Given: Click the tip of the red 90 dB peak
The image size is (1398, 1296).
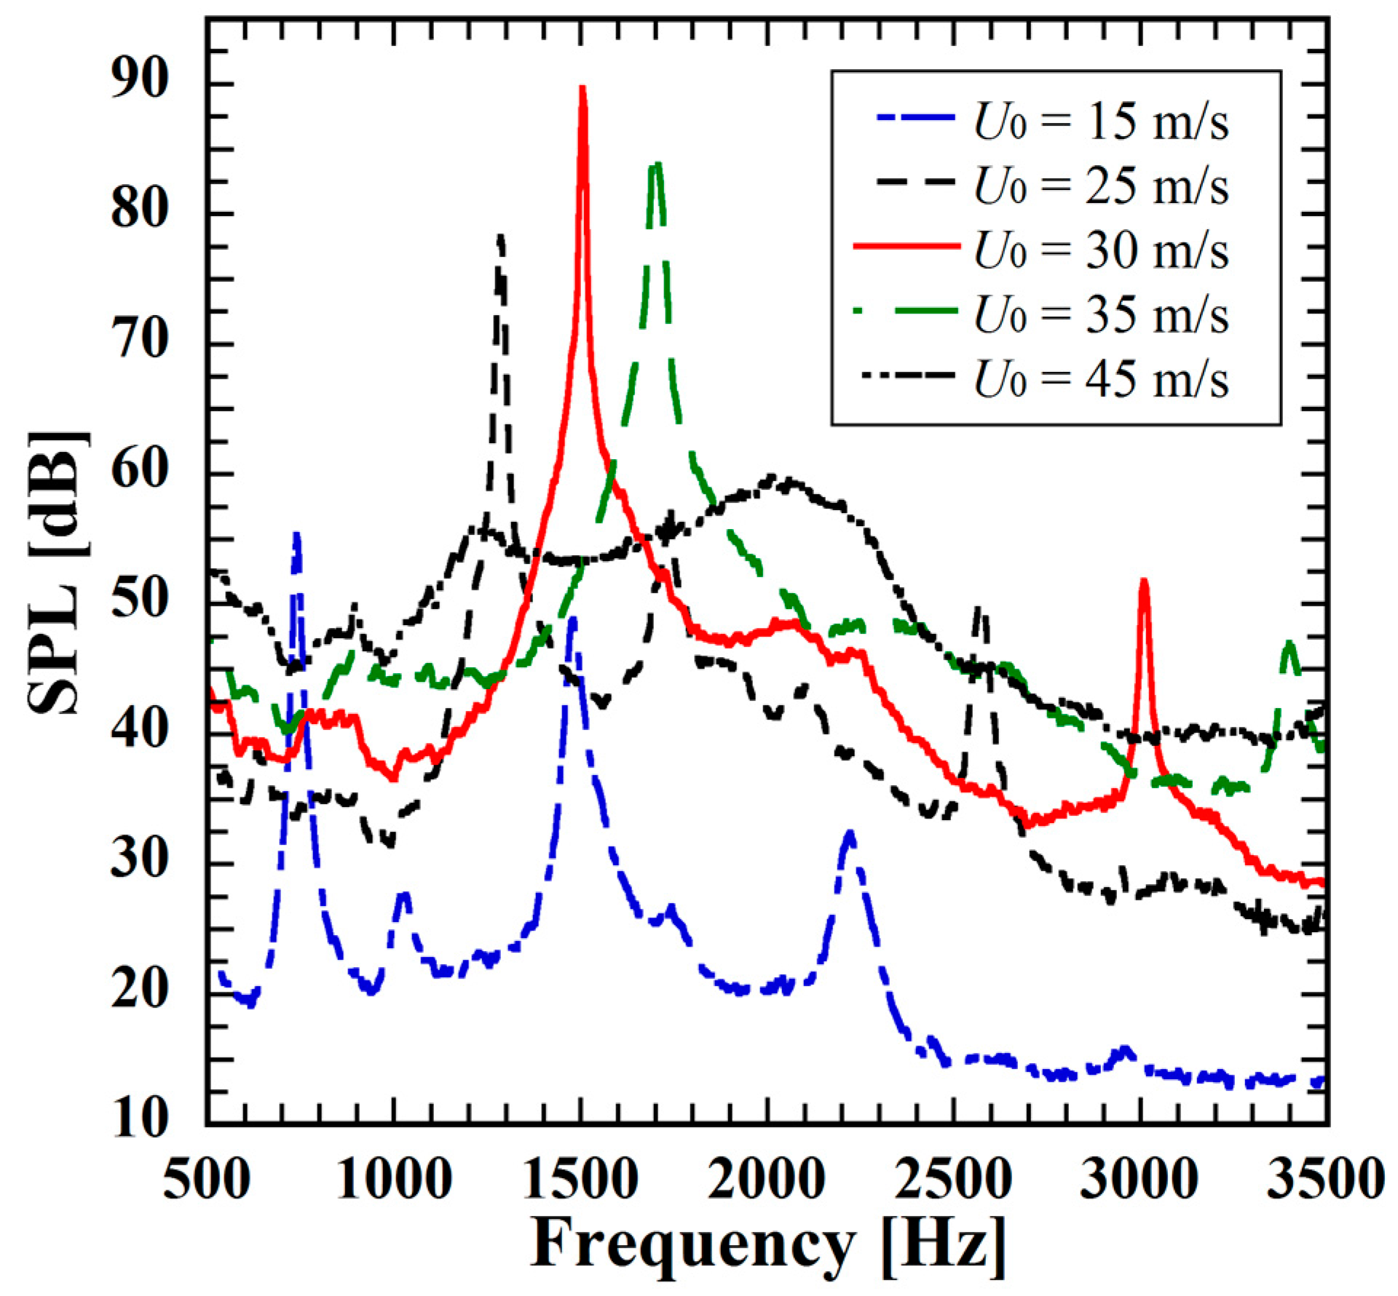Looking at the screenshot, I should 582,88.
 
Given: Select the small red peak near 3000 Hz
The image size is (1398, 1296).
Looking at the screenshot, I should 1144,581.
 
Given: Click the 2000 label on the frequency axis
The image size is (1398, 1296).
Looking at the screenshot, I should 766,1178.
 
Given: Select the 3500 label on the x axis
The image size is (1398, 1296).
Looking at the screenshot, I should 1325,1178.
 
